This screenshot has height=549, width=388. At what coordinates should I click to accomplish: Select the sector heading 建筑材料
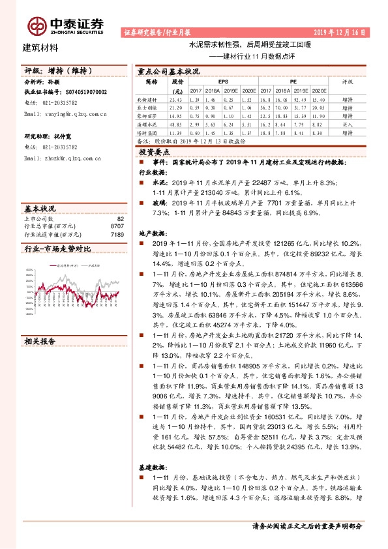coord(40,48)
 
